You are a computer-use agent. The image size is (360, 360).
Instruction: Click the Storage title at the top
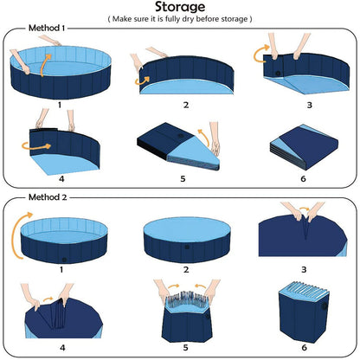point(180,9)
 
